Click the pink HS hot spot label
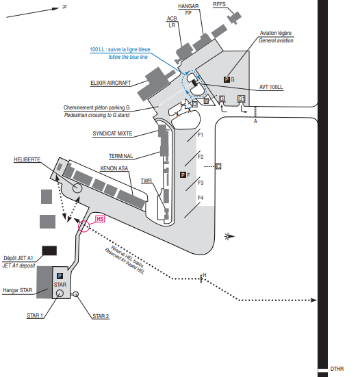100,219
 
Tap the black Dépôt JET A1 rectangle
49,250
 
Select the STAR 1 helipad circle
60,294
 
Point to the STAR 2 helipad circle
75,294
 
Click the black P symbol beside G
227,79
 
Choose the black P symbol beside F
183,174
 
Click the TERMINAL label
120,156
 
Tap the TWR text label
146,181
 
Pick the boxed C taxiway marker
218,166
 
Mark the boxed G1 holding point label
241,99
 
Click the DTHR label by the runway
337,369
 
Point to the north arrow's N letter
64,7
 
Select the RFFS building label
219,4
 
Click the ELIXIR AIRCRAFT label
111,83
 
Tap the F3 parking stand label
201,183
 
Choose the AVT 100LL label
271,87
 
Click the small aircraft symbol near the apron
229,236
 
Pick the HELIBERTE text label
27,159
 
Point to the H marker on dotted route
205,275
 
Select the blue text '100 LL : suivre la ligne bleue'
120,49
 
